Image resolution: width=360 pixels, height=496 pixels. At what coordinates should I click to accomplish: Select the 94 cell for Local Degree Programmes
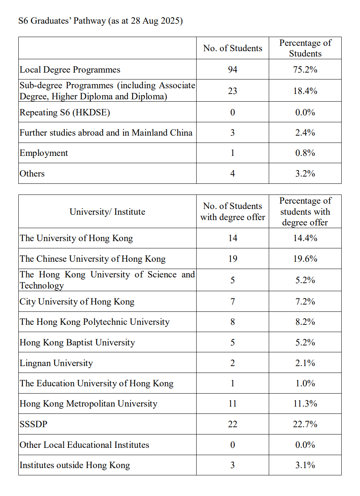tap(232, 70)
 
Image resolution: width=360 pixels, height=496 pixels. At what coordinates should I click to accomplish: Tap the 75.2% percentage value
tap(305, 70)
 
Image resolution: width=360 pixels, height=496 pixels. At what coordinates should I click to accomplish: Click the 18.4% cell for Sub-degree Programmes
tap(305, 91)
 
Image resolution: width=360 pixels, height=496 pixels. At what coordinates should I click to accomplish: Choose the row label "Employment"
tap(44, 153)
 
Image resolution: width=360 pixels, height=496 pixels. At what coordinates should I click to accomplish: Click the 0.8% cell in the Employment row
tap(305, 153)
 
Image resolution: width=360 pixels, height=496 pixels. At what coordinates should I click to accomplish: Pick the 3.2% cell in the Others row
tap(305, 173)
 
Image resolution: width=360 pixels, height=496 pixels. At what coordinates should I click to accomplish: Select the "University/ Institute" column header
tap(107, 212)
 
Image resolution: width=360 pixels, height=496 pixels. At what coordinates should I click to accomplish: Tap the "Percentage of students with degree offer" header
tap(305, 212)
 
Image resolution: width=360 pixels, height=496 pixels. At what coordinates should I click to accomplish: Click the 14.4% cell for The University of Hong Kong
tap(305, 238)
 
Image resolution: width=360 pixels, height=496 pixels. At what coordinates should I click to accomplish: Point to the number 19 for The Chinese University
tap(232, 259)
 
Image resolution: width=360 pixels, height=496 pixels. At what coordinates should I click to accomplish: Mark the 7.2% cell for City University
tap(305, 301)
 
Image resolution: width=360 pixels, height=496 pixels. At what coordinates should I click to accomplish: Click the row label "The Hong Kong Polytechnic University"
tap(95, 322)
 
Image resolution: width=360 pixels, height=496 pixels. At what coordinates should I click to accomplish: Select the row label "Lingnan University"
tap(56, 363)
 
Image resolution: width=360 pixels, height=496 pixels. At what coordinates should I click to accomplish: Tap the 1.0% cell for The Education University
tap(305, 383)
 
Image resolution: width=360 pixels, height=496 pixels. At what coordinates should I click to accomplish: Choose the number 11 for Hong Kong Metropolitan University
tap(232, 404)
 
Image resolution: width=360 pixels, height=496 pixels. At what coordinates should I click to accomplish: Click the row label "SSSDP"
tap(34, 424)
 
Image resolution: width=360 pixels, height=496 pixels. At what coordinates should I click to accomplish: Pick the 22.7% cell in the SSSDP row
tap(305, 424)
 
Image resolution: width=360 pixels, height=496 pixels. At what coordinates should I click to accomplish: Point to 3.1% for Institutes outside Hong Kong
tap(305, 465)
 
